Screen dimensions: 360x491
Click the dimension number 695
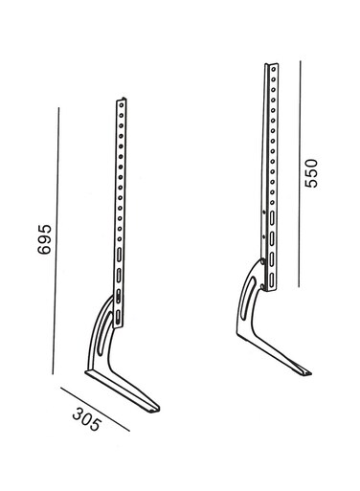44,239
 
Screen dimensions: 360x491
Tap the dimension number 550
311,173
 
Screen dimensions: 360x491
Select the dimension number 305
86,419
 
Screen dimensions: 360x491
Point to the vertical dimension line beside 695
56,241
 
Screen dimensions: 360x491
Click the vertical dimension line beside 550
300,174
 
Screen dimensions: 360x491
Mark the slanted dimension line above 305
95,410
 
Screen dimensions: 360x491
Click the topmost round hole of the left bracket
122,105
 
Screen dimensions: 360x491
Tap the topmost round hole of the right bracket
274,69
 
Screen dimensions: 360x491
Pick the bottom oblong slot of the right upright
271,279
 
